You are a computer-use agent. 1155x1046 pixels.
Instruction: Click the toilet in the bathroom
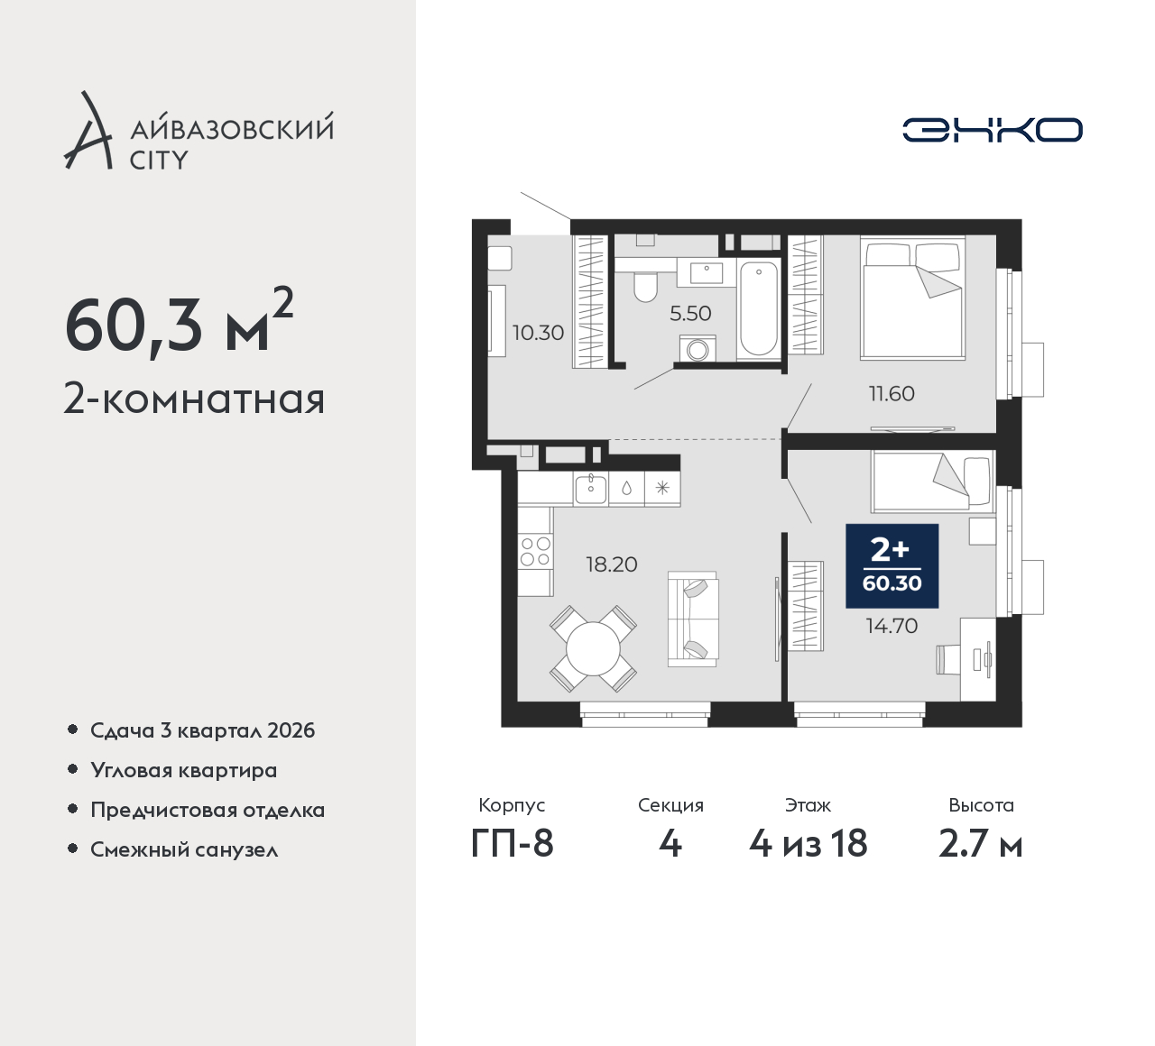tap(646, 287)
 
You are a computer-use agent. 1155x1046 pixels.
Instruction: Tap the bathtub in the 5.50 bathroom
tap(758, 308)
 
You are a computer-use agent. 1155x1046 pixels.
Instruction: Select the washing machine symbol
tap(698, 348)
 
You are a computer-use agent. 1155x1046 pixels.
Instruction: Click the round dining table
tap(593, 648)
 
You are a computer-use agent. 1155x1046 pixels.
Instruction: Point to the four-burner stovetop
tap(535, 551)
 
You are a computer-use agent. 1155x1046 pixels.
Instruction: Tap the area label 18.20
tap(612, 564)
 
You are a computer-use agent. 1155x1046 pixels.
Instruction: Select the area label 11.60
tap(892, 393)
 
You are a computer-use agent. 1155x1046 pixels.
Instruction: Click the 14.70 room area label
tap(892, 626)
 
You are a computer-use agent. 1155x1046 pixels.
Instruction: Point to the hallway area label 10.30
tap(539, 333)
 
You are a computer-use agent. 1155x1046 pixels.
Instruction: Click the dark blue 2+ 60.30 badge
tap(892, 565)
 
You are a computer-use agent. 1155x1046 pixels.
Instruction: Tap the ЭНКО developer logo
tap(992, 130)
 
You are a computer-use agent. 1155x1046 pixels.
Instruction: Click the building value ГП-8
tap(513, 843)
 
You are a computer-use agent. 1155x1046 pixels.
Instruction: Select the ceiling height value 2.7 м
tap(981, 844)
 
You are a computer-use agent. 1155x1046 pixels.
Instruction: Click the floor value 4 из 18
tap(808, 844)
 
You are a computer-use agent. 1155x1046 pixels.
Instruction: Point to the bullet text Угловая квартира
tap(184, 770)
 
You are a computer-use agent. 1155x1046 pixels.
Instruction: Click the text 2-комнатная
tap(195, 399)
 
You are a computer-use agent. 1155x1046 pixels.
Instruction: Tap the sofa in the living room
tap(693, 619)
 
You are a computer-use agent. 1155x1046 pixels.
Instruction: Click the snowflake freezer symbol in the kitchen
tap(662, 489)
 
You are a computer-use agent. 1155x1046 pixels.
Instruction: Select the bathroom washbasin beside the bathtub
tap(707, 272)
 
